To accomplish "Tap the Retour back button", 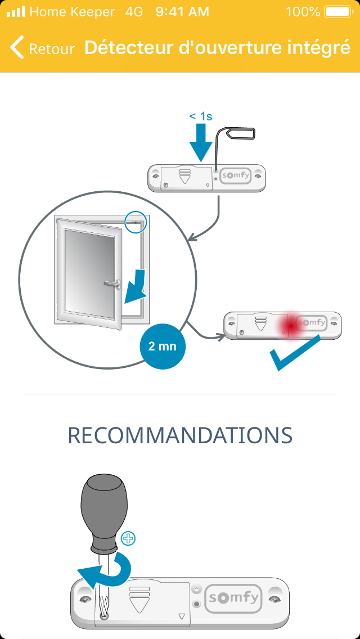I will [43, 48].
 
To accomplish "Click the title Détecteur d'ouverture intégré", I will [217, 48].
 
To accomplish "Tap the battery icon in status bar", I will [338, 11].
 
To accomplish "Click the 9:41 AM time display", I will [182, 11].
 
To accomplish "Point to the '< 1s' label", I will [200, 116].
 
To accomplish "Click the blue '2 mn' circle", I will [162, 346].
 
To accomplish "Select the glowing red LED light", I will [290, 325].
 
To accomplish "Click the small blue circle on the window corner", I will [135, 221].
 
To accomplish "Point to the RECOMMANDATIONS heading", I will [180, 435].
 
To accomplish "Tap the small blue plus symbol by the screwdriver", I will [128, 538].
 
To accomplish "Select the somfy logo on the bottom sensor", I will [234, 597].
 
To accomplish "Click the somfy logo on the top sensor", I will [235, 175].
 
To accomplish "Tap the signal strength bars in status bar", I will [16, 11].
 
